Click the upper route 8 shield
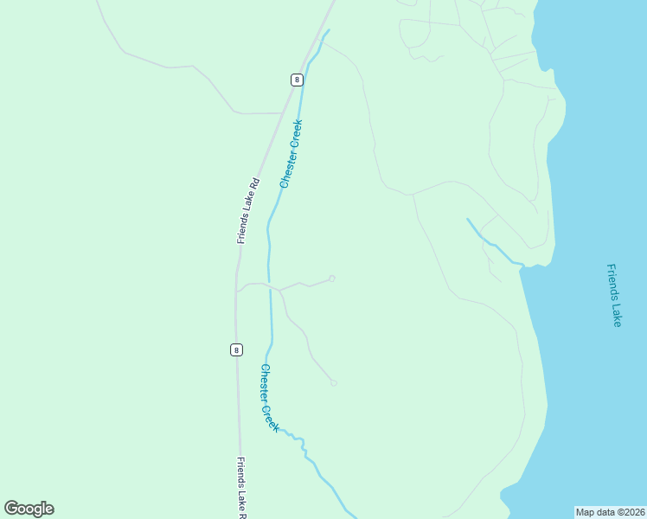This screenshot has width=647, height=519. tap(298, 80)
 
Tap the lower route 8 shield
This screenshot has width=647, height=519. tap(236, 349)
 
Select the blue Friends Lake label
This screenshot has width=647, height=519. tap(614, 295)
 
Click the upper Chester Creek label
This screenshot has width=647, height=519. tap(291, 154)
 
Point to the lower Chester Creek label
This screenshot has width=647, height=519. tap(270, 398)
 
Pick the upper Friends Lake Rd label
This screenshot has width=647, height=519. tap(248, 210)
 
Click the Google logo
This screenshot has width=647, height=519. tap(29, 509)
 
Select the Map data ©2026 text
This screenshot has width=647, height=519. tap(610, 512)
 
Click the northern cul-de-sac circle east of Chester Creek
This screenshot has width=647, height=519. tap(331, 279)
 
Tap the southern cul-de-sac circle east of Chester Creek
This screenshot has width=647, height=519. tap(333, 382)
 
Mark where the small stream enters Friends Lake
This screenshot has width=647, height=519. tap(522, 263)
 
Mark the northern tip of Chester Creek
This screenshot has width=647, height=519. tap(329, 31)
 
